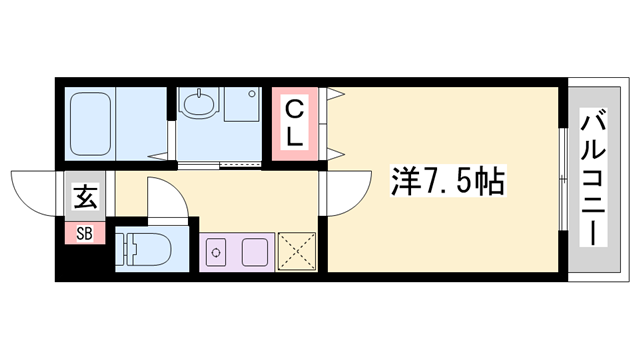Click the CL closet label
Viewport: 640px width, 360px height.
[x=296, y=123]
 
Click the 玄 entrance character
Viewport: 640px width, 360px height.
[x=84, y=197]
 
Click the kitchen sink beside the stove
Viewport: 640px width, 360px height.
[x=254, y=251]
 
